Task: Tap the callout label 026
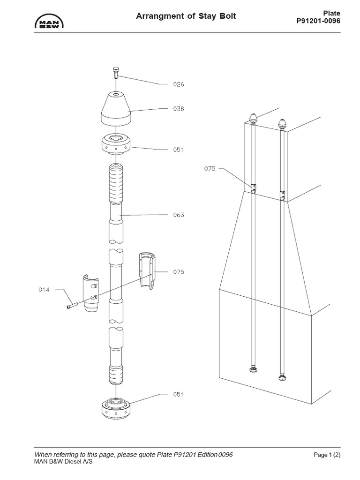pyautogui.click(x=179, y=85)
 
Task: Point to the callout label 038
pyautogui.click(x=179, y=109)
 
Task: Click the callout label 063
pyautogui.click(x=179, y=215)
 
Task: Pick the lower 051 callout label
pyautogui.click(x=179, y=394)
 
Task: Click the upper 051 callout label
pyautogui.click(x=179, y=150)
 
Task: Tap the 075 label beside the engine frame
pyautogui.click(x=210, y=169)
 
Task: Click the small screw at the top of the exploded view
pyautogui.click(x=115, y=74)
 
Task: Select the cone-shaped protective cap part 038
pyautogui.click(x=115, y=108)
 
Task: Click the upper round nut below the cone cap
pyautogui.click(x=115, y=145)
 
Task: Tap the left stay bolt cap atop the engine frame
pyautogui.click(x=253, y=117)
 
